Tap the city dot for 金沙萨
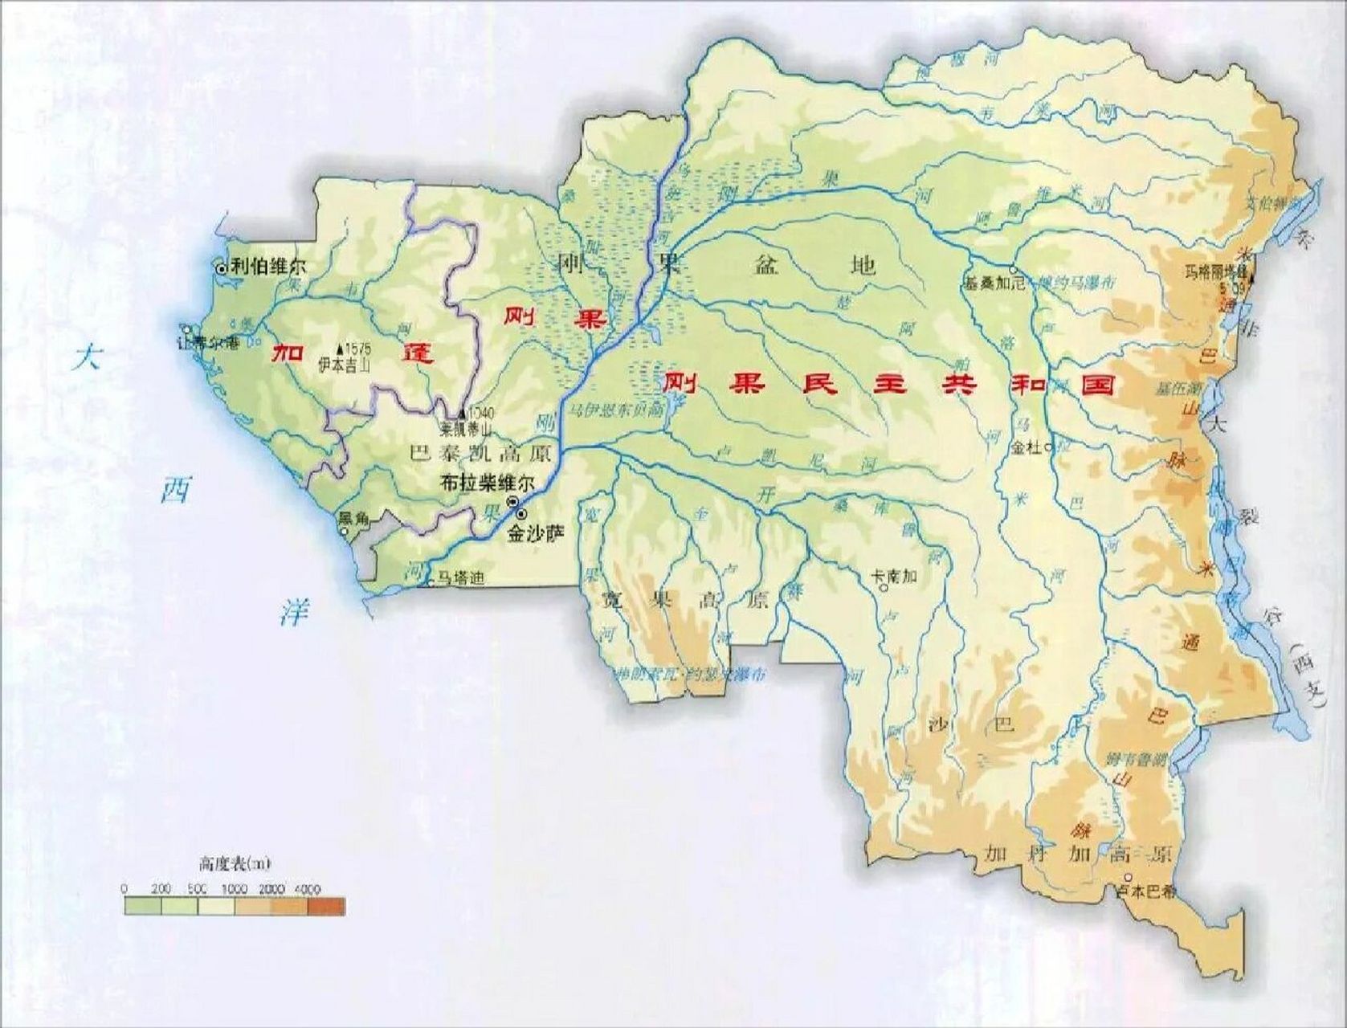[522, 514]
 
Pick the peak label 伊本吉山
[346, 363]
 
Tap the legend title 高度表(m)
[235, 864]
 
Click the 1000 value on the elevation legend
[234, 889]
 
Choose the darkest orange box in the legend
[326, 906]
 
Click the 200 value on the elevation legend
[161, 889]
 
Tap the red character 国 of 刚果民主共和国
[1097, 384]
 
